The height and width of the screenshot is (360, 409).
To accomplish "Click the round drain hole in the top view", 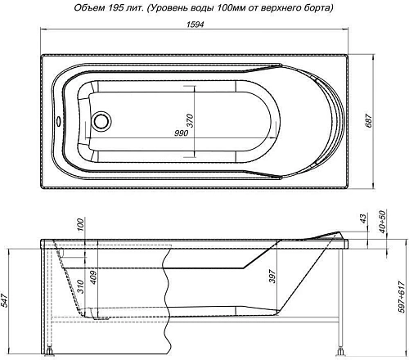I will pyautogui.click(x=103, y=121).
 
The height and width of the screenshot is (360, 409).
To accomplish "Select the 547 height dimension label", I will pyautogui.click(x=7, y=301).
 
